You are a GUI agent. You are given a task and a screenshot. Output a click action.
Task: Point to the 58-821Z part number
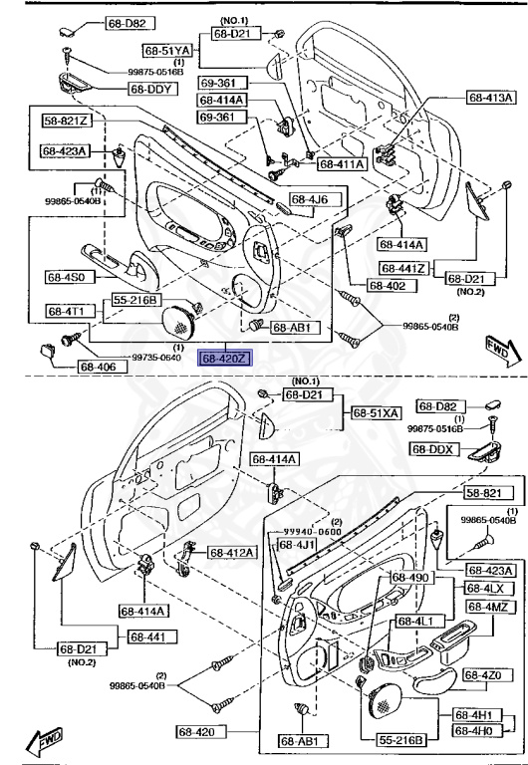click(67, 121)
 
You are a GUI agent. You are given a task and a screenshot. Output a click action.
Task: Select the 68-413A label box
click(491, 98)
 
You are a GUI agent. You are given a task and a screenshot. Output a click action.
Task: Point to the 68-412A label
click(232, 552)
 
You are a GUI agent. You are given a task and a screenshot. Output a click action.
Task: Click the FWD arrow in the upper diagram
click(497, 352)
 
